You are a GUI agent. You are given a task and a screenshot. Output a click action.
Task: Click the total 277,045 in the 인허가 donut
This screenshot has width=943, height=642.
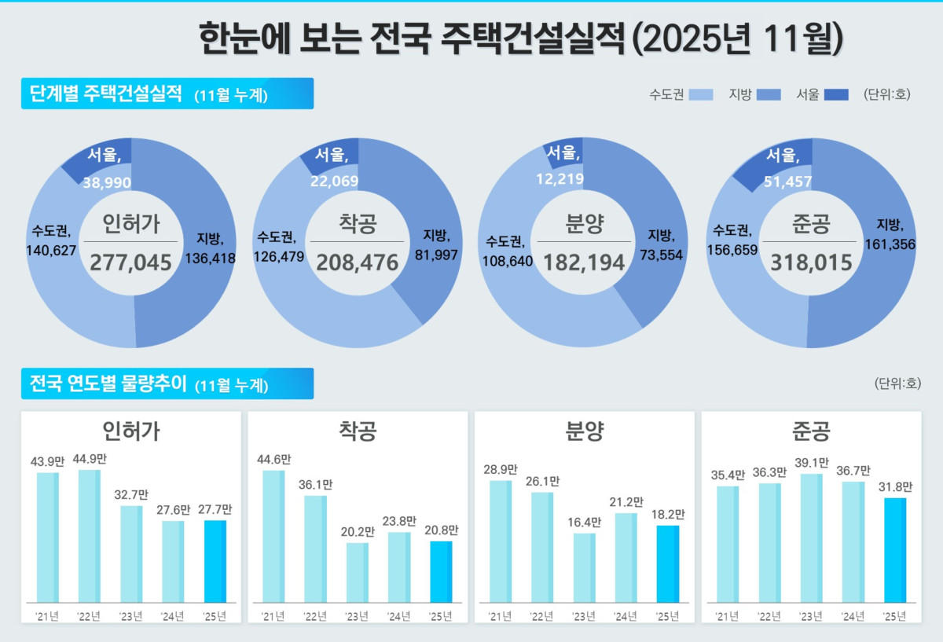(130, 262)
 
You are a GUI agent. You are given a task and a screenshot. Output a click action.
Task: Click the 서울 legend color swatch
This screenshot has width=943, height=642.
(836, 95)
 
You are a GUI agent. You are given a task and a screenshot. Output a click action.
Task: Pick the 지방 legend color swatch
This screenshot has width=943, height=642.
(769, 95)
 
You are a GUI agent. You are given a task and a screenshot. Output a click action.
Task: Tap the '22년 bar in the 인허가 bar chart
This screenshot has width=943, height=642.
(89, 536)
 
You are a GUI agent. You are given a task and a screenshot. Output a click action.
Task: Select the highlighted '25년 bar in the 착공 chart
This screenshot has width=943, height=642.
(441, 571)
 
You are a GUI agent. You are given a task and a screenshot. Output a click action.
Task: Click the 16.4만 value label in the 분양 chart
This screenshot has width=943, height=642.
(584, 522)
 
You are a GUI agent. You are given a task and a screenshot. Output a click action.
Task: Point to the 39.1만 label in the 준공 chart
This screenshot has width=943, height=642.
(811, 462)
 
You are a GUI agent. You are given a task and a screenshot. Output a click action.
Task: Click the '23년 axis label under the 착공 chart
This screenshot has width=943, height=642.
(357, 616)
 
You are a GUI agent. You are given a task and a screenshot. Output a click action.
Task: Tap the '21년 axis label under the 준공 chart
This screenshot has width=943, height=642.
(726, 616)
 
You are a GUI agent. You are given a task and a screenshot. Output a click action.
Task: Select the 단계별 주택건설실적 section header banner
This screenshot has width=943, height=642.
(167, 94)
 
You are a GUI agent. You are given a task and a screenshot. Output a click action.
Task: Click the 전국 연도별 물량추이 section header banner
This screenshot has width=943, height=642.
(167, 384)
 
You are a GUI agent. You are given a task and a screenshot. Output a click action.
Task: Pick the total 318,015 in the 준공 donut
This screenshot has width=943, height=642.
(812, 262)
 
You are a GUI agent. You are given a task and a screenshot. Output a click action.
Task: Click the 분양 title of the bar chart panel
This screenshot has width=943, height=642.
(585, 431)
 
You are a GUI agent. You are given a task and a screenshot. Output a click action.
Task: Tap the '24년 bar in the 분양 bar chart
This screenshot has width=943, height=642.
(626, 558)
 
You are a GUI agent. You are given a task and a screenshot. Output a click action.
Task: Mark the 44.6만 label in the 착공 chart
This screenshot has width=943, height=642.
(273, 458)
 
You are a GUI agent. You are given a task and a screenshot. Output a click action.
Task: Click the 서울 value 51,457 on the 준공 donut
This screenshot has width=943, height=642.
(789, 182)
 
